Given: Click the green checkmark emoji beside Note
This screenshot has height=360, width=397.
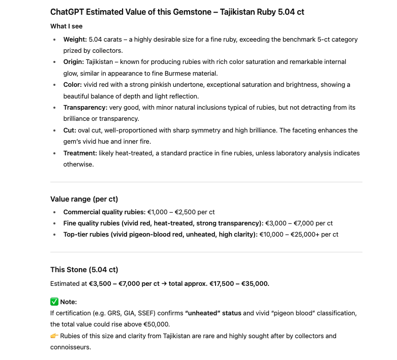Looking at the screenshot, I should pos(54,302).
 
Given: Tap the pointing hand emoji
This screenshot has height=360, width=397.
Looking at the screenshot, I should pos(54,336).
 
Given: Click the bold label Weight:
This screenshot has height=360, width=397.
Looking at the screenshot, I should pos(75,39).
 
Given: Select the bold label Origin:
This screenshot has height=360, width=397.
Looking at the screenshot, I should pos(74,61).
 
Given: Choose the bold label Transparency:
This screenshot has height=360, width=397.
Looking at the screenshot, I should pos(85,107).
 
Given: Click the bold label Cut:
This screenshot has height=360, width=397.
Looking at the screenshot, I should pos(70,130).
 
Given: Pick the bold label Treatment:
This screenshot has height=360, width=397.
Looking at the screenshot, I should pos(80,153).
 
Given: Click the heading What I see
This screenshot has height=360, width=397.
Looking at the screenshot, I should pos(66,26).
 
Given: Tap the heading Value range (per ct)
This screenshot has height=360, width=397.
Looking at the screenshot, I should pos(84,199).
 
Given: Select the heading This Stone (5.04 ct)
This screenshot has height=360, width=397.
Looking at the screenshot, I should pos(84,270).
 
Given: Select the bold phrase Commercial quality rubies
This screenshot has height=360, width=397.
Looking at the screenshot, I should pos(104,212).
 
